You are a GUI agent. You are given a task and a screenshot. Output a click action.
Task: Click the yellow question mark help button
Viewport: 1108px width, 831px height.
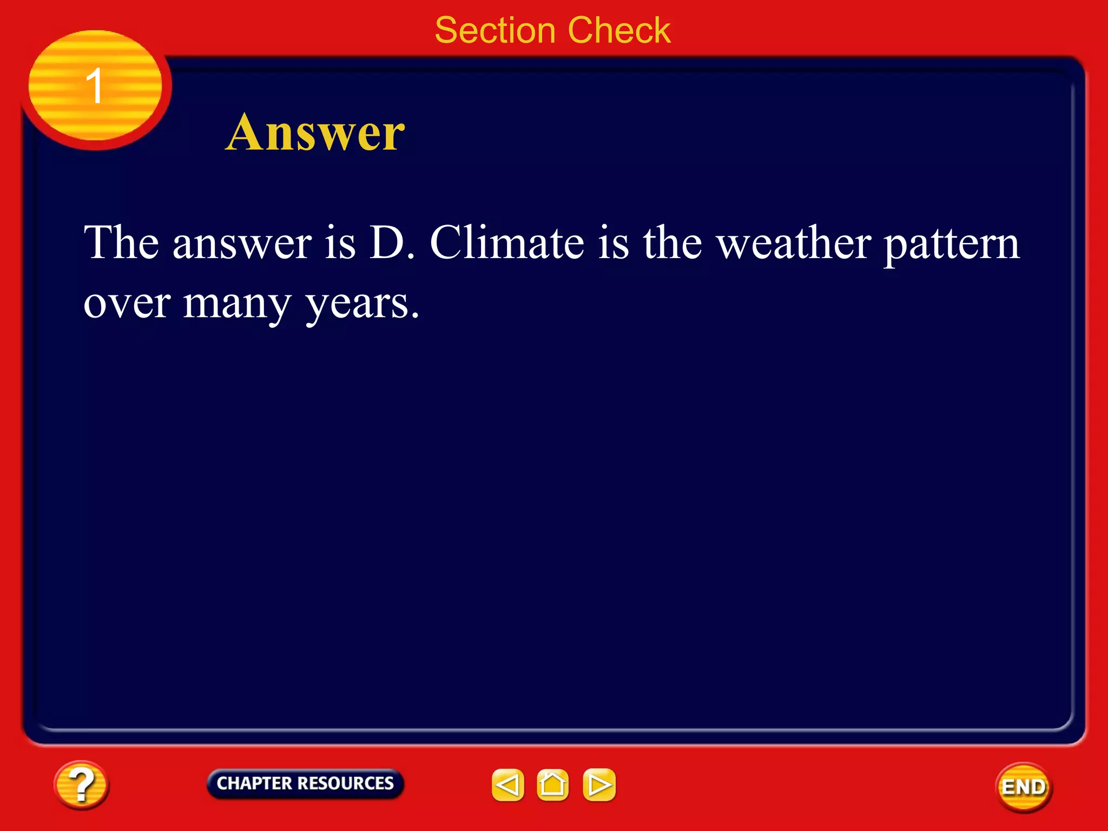(81, 784)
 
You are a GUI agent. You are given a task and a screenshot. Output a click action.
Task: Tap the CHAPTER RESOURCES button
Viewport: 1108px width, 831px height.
(305, 783)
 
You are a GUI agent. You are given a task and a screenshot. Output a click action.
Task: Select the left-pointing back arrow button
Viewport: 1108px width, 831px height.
(507, 784)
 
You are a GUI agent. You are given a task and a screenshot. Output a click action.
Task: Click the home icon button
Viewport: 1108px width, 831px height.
(552, 784)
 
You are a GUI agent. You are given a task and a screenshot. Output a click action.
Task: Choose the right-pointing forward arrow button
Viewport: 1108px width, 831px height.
(599, 784)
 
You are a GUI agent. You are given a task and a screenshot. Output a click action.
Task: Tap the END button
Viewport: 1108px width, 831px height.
(1024, 787)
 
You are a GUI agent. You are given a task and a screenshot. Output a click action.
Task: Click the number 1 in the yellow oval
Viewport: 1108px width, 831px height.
(95, 85)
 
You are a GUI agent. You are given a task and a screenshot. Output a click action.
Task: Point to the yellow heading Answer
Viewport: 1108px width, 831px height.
(315, 133)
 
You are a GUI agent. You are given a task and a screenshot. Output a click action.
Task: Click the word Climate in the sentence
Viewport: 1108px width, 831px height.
(507, 242)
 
